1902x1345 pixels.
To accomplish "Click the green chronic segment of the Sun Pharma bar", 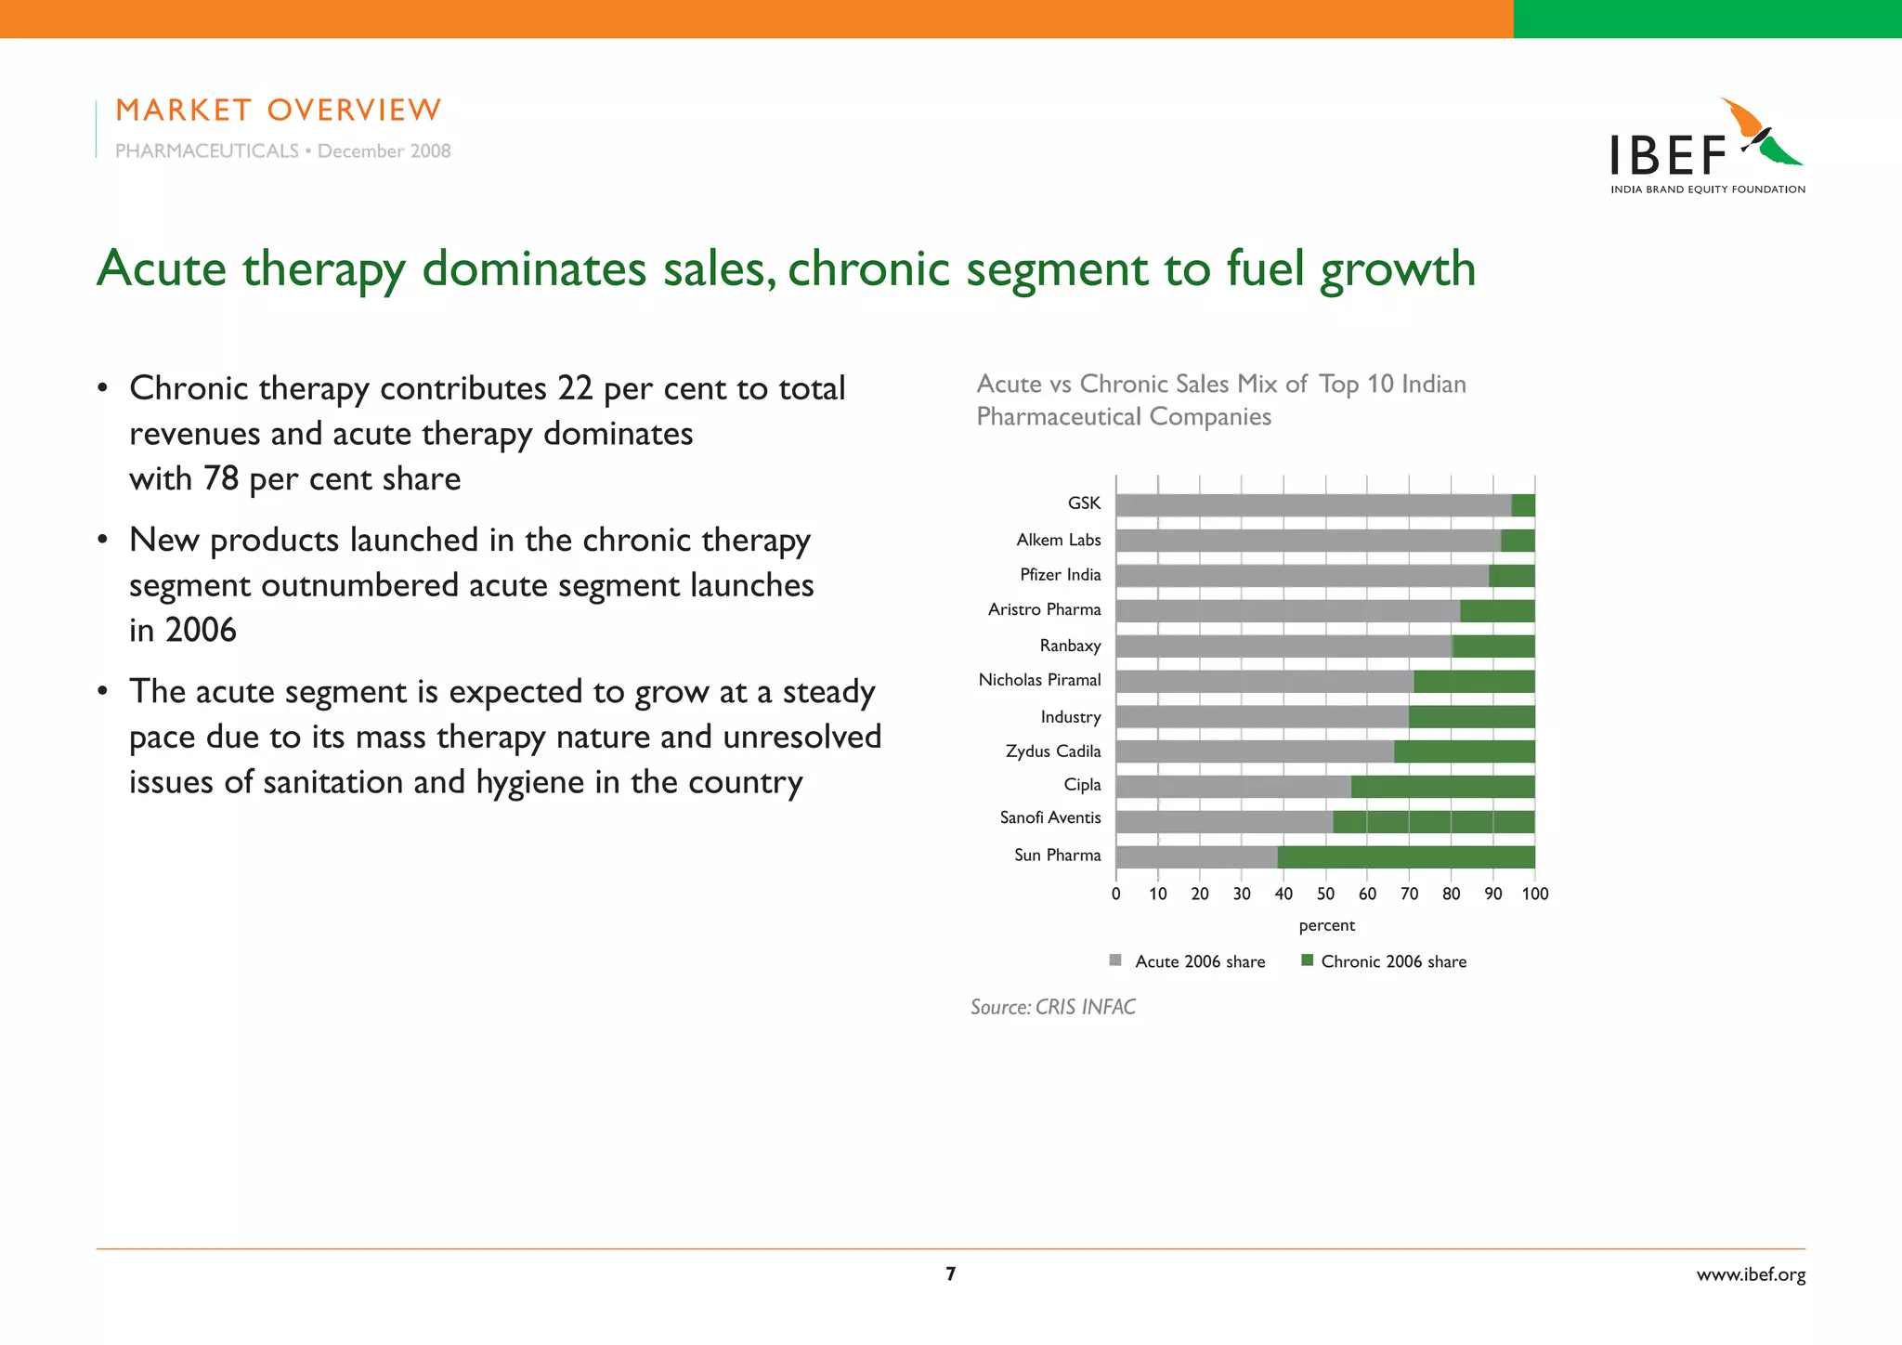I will click(x=1405, y=856).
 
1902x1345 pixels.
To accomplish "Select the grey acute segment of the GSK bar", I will click(x=1313, y=505).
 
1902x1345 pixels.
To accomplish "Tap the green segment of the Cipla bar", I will click(x=1442, y=787).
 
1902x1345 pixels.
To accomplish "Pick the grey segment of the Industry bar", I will click(x=1261, y=717).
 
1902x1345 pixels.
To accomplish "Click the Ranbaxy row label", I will click(x=1070, y=646).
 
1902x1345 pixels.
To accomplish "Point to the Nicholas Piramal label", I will click(x=1039, y=680).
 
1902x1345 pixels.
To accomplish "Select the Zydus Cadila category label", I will click(x=1052, y=751).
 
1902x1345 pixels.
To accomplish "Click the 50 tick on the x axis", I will click(x=1325, y=894).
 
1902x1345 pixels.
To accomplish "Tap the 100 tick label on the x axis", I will click(x=1534, y=894).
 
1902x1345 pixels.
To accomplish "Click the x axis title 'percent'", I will click(x=1326, y=925).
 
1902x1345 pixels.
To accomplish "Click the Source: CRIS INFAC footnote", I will click(x=1052, y=1007).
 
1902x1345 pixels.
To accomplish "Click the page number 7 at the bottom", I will click(x=950, y=1273).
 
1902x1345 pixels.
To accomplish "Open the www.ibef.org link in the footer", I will click(x=1751, y=1274).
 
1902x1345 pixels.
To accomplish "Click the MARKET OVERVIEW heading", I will click(x=278, y=110).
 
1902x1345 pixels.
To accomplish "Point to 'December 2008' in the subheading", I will click(x=384, y=151).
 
